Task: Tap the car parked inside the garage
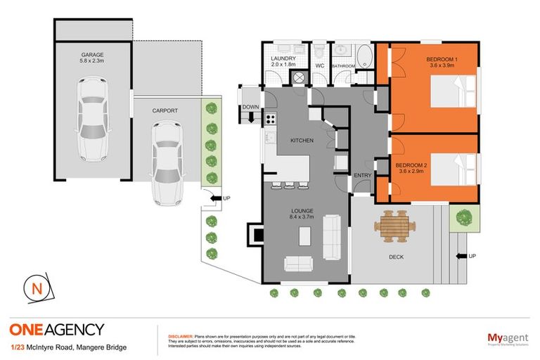pyautogui.click(x=94, y=110)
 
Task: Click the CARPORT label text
pyautogui.click(x=165, y=110)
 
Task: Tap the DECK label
pyautogui.click(x=397, y=257)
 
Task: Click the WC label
pyautogui.click(x=319, y=65)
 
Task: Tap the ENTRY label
pyautogui.click(x=363, y=175)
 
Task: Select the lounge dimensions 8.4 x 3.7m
pyautogui.click(x=304, y=217)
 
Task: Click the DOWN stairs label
pyautogui.click(x=251, y=108)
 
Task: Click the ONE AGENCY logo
pyautogui.click(x=57, y=329)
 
